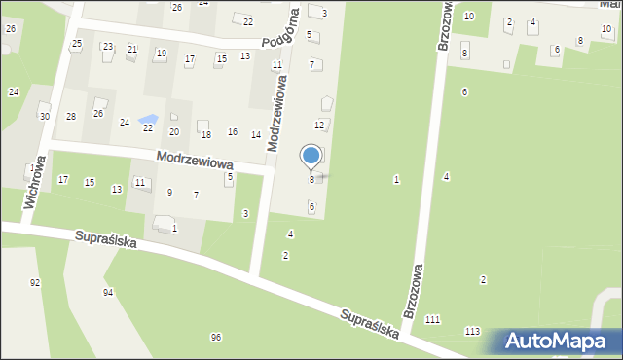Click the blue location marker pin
311,157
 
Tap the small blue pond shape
147,120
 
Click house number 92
35,282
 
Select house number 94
108,292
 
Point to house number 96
216,337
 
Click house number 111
432,320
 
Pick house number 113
472,332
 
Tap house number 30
45,116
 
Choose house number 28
71,117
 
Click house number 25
77,44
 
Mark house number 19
161,53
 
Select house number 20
174,131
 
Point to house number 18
205,134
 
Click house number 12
318,126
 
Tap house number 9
169,192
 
